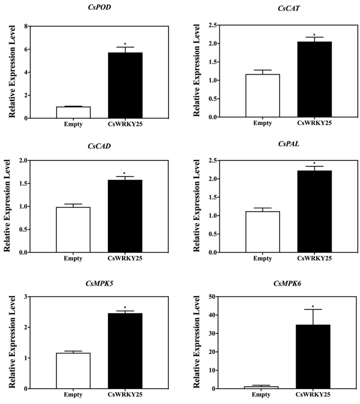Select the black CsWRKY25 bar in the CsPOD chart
(x=125, y=85)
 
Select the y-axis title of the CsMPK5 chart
(x=10, y=342)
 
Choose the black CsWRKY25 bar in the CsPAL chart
(x=315, y=211)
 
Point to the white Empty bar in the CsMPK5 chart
(x=73, y=371)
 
